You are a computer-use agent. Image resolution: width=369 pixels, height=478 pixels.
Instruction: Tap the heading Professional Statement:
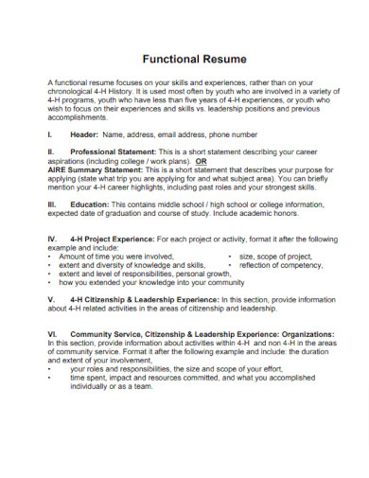point(116,151)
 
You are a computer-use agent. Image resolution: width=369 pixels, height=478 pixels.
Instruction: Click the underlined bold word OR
point(225,160)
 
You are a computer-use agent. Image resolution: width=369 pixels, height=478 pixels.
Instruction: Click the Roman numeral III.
point(52,204)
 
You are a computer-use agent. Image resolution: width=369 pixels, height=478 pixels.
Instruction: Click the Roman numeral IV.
point(52,239)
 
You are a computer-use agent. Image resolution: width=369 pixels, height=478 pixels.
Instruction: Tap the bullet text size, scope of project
point(275,257)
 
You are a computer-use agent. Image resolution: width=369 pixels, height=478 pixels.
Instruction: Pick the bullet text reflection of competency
point(281,265)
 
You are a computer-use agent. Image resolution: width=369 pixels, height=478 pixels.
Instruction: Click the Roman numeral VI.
point(52,334)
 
